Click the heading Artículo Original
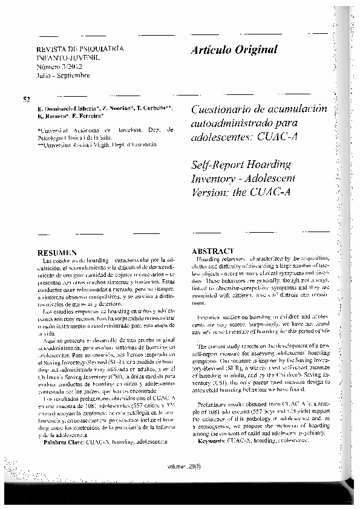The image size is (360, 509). [234, 50]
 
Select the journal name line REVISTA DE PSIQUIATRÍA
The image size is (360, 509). [80, 47]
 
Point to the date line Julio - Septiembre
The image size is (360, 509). [64, 76]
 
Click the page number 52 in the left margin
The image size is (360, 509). [27, 99]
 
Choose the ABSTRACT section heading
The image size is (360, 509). [212, 250]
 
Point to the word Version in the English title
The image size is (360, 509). [210, 192]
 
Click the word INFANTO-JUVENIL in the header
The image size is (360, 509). [68, 56]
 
